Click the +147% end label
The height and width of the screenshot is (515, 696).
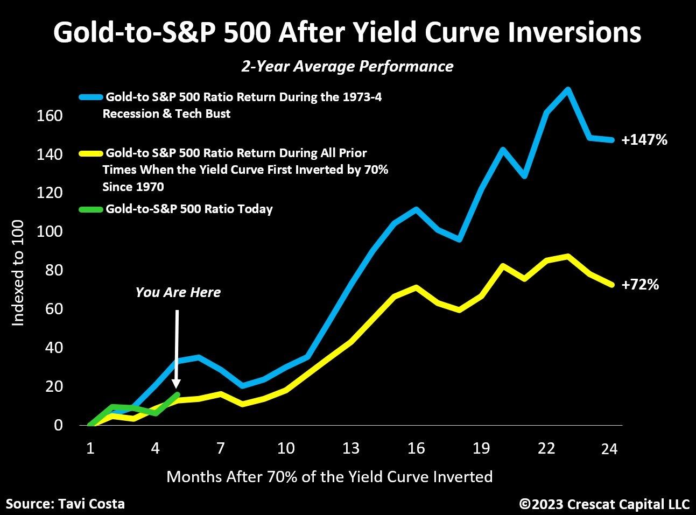point(644,140)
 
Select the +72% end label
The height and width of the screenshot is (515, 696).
point(640,285)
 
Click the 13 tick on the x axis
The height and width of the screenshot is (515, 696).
point(351,448)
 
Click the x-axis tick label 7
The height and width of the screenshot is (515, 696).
point(221,448)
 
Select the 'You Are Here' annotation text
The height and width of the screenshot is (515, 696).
point(178,292)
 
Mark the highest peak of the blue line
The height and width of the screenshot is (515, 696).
point(567,89)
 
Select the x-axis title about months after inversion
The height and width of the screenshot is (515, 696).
point(329,476)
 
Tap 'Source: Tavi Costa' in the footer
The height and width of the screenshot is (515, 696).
point(65,504)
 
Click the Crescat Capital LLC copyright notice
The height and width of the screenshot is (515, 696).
point(604,504)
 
